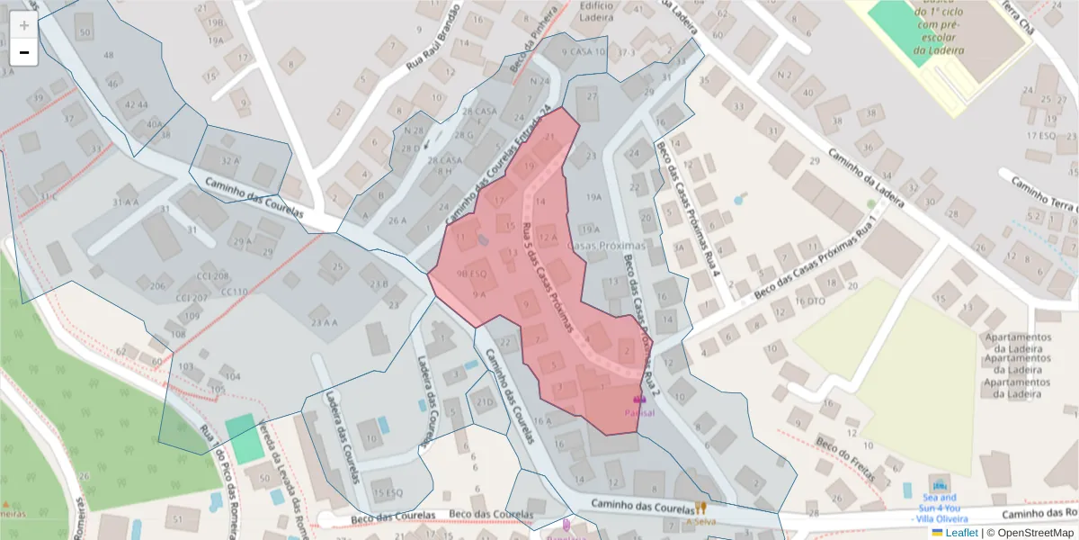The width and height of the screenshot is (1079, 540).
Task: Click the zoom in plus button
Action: click(x=24, y=25)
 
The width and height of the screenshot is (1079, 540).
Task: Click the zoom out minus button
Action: click(x=24, y=52)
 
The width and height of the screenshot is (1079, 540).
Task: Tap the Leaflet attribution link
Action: click(x=961, y=533)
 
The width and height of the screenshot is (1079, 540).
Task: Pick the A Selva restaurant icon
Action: click(x=701, y=508)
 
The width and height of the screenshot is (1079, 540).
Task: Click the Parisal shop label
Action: click(x=639, y=412)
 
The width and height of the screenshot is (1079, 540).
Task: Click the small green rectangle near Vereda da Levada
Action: click(x=241, y=438)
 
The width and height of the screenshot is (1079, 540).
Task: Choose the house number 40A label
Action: click(x=155, y=124)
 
